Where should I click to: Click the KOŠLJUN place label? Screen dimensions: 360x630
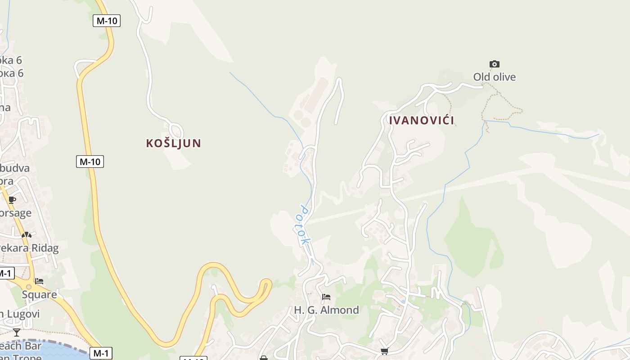coord(173,143)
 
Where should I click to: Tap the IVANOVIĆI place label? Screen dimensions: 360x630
coord(421,120)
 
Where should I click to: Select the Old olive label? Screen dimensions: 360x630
coord(494,77)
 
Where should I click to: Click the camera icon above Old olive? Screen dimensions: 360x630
coord(494,64)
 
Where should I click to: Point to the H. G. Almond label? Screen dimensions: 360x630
coord(326,310)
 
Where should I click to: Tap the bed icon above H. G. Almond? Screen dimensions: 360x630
coord(326,297)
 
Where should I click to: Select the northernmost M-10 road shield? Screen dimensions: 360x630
coord(107,20)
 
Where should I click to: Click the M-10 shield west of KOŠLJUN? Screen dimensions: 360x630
coord(90,162)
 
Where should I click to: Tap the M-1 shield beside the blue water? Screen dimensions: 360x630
coord(100,353)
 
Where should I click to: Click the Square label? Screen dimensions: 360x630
coord(40,295)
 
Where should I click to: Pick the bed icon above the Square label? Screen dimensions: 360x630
coord(39,281)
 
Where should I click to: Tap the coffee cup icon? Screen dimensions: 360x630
coord(12,200)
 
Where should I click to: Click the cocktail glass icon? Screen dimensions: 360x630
coord(17,333)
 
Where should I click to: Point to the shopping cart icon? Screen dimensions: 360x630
coord(384,351)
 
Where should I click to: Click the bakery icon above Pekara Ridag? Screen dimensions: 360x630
coord(27,234)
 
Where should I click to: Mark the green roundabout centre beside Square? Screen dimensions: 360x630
coord(29,287)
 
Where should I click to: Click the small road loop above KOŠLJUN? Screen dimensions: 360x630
coord(177,130)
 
